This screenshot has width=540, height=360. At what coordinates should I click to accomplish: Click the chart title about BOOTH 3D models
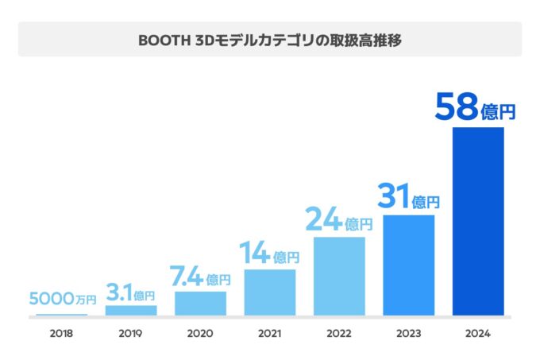(269, 40)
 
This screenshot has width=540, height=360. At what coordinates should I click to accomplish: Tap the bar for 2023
(408, 265)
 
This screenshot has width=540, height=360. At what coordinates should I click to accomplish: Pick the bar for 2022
(339, 276)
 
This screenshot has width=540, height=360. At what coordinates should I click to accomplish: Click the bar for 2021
(270, 292)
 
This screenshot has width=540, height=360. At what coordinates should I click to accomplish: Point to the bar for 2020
(200, 303)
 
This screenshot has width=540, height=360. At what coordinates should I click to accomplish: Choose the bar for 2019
(131, 310)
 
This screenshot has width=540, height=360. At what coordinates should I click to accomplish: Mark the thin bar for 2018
(61, 314)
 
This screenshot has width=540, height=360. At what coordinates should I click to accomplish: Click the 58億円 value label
(475, 107)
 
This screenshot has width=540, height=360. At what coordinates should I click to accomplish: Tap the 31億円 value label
(408, 197)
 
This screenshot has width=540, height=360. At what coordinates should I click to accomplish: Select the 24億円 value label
(339, 219)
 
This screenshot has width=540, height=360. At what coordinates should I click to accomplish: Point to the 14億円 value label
(270, 254)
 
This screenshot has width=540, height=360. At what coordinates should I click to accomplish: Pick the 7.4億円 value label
(200, 277)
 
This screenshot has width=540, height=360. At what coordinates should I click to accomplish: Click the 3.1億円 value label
(131, 293)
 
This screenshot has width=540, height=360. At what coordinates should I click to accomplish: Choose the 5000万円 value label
(62, 300)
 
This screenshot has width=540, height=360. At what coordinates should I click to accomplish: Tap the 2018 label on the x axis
(61, 334)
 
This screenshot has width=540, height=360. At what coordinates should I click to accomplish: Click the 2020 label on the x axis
(200, 334)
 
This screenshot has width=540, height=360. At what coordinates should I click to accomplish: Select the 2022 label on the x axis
(339, 334)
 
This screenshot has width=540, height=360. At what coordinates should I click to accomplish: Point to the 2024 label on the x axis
(478, 334)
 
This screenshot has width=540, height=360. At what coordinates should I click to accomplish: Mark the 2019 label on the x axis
(131, 334)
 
